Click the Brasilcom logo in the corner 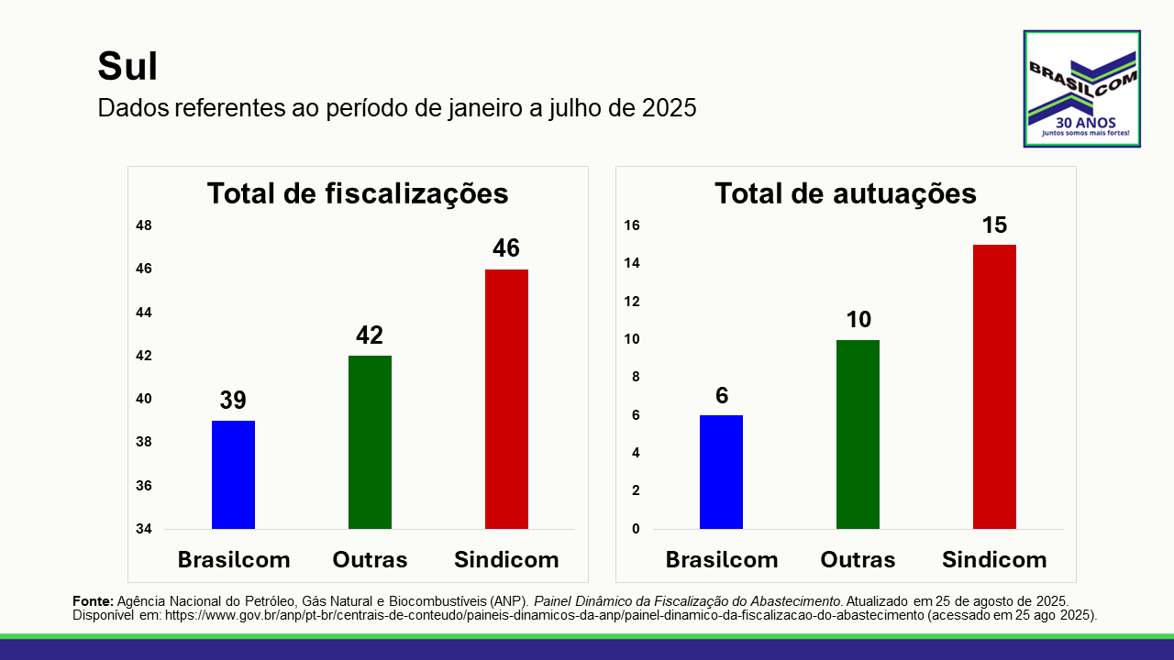[1081, 89]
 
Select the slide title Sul [127, 67]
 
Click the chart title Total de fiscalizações [358, 194]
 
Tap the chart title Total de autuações [845, 194]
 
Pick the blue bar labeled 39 [233, 475]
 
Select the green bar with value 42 [370, 442]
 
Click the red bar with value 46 [506, 399]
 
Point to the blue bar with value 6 [721, 472]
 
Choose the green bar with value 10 [858, 434]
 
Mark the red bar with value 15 [994, 387]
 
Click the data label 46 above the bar [506, 248]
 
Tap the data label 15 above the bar [994, 225]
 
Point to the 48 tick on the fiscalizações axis [144, 225]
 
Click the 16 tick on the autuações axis [633, 225]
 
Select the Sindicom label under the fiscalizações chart [506, 559]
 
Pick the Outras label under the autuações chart [858, 559]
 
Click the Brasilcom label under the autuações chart [721, 559]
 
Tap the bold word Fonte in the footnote [93, 599]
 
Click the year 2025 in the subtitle [669, 108]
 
